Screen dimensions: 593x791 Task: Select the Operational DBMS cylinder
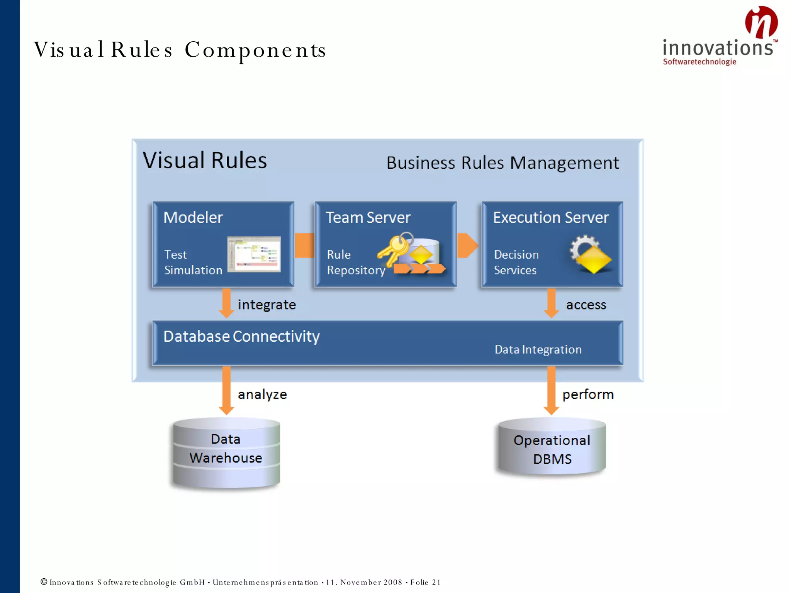click(552, 448)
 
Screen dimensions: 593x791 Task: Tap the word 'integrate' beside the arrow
click(266, 305)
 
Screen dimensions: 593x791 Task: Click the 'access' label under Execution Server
click(586, 305)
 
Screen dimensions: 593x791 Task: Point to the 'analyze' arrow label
click(262, 394)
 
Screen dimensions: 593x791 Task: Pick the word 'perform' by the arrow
click(587, 394)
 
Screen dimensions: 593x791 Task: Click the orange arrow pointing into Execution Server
click(467, 245)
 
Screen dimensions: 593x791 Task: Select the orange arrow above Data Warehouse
click(226, 390)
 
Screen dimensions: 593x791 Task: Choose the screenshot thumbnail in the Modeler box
click(254, 254)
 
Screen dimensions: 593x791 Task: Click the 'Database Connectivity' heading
click(241, 336)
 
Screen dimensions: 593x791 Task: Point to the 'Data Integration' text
click(538, 349)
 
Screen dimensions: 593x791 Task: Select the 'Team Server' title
click(368, 217)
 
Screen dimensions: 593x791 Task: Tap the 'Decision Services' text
click(516, 262)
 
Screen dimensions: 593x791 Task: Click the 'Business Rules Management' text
click(502, 163)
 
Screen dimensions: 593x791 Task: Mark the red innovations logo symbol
click(761, 22)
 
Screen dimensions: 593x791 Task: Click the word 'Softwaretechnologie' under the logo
click(699, 62)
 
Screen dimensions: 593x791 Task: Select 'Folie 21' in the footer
click(425, 582)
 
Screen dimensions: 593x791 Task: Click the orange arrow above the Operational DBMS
click(551, 390)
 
